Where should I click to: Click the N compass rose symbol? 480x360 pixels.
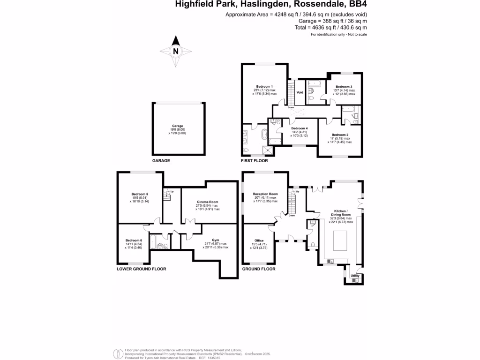175,51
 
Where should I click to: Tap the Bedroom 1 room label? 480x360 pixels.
264,87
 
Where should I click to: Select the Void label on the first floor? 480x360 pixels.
300,92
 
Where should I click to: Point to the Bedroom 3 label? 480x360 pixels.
344,87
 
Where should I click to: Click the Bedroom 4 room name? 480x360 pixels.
299,128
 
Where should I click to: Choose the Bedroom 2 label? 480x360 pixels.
339,135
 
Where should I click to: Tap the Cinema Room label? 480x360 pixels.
207,202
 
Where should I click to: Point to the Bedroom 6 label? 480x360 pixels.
134,240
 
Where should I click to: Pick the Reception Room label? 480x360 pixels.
265,194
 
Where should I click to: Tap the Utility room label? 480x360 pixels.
355,276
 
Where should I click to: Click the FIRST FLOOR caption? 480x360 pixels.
254,160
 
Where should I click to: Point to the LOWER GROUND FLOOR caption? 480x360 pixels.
141,269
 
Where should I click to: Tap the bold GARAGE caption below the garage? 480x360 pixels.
161,160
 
